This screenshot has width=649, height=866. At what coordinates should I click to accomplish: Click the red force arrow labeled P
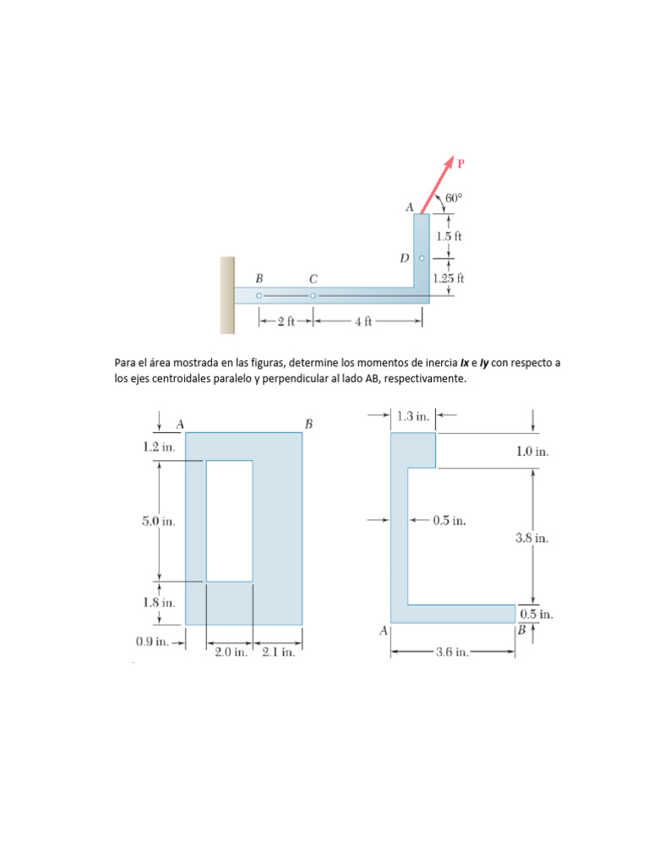(x=437, y=185)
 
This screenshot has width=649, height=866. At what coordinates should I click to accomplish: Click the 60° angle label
(x=454, y=198)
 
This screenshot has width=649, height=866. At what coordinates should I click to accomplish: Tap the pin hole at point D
(x=422, y=259)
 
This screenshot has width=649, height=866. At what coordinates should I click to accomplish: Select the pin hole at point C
(x=313, y=296)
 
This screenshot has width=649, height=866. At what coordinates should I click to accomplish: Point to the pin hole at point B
(x=259, y=296)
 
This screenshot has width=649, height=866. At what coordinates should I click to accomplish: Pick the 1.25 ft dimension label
(x=449, y=277)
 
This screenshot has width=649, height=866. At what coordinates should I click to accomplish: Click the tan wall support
(x=227, y=295)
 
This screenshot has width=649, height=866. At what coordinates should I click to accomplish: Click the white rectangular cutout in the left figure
(x=229, y=520)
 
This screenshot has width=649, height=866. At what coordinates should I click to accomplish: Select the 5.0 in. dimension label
(x=159, y=522)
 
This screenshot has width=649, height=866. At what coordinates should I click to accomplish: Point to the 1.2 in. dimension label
(x=159, y=447)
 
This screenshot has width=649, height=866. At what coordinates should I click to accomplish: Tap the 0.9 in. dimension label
(x=153, y=642)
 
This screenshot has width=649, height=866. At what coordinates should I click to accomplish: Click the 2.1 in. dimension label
(x=278, y=653)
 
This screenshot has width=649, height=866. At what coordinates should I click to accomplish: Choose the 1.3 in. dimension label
(x=413, y=416)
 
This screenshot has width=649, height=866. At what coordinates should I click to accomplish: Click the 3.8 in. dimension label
(x=532, y=537)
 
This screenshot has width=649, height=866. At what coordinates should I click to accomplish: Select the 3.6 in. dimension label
(x=452, y=652)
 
